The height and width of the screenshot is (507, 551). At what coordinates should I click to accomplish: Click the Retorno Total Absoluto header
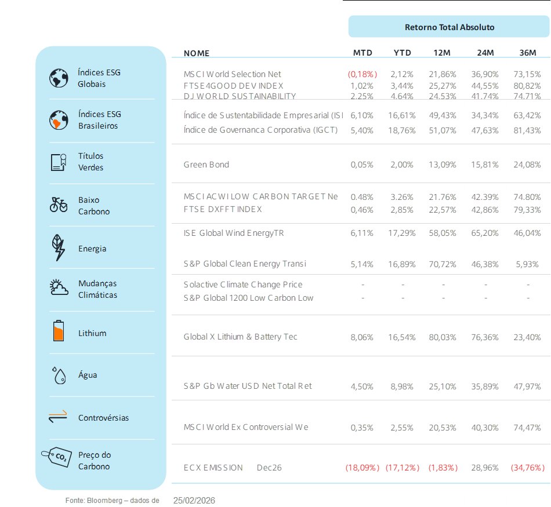pos(449,27)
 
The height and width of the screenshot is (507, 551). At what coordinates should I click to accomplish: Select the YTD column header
pos(402,53)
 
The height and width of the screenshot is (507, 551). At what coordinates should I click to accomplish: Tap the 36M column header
pos(528,53)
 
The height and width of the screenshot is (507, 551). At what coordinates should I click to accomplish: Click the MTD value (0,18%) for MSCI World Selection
pos(362,74)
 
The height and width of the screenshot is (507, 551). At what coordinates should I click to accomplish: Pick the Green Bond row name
pos(206,165)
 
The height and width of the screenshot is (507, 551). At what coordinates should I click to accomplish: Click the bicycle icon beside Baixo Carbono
pos(59,205)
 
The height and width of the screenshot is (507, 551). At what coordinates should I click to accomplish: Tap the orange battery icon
pos(59,331)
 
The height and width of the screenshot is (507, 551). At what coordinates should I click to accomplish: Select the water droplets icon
pos(59,375)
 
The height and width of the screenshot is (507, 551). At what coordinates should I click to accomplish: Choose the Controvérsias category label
pos(103,418)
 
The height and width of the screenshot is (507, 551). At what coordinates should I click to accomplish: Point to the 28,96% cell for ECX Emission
pos(486,468)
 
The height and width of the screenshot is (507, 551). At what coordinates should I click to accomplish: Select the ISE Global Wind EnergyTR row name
pos(234,233)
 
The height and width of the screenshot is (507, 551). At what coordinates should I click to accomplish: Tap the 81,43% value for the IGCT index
pos(528,130)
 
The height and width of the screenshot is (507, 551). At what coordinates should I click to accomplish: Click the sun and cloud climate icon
pos(59,287)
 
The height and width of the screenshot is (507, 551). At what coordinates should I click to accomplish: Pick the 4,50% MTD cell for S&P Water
pos(362,386)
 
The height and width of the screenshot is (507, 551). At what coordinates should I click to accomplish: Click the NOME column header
pos(196,53)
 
